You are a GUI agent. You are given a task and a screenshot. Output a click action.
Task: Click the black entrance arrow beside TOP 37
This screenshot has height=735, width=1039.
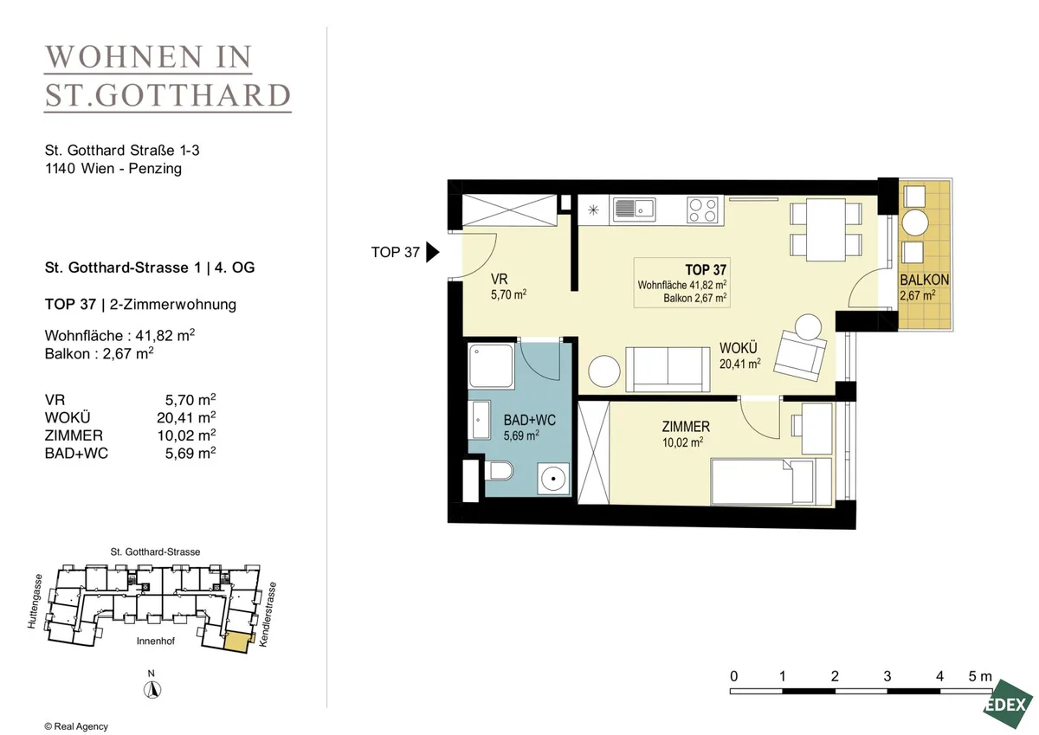(x=432, y=252)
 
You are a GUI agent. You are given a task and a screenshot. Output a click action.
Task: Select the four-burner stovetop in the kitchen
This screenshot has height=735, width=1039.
(x=702, y=210)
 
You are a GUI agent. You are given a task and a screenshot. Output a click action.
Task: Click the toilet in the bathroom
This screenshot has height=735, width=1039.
(x=499, y=470)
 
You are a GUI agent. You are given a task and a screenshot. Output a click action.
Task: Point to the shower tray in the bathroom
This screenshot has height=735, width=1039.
(x=491, y=365)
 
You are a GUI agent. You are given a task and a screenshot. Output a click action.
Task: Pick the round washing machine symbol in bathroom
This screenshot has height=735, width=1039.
(x=554, y=478)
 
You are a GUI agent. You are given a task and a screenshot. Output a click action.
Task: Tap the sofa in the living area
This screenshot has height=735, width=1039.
(x=668, y=370)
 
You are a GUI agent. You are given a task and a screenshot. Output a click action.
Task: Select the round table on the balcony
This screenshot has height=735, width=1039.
(x=915, y=222)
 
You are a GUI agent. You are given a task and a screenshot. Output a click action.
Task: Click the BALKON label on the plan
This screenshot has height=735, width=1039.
(x=925, y=280)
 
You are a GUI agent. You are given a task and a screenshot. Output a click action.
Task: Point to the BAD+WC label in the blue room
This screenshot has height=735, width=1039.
(x=530, y=420)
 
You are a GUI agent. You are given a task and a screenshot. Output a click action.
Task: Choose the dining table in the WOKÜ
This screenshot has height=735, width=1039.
(x=826, y=229)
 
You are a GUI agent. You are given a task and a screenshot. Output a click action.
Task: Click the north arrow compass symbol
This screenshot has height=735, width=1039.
(x=152, y=690)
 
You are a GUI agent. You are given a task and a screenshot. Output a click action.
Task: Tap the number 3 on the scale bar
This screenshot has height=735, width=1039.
(x=887, y=677)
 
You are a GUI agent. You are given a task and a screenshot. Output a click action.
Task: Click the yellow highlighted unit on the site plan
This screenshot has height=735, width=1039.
(x=237, y=642)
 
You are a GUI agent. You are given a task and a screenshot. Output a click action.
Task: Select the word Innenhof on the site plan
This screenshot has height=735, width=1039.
(x=156, y=641)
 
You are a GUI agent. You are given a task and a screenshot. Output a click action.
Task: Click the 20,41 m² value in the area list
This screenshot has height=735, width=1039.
(x=186, y=417)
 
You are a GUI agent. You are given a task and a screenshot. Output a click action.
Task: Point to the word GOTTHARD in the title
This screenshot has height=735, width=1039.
(x=193, y=95)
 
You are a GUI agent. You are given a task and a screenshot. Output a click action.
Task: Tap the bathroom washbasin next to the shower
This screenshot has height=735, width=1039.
(x=479, y=420)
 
